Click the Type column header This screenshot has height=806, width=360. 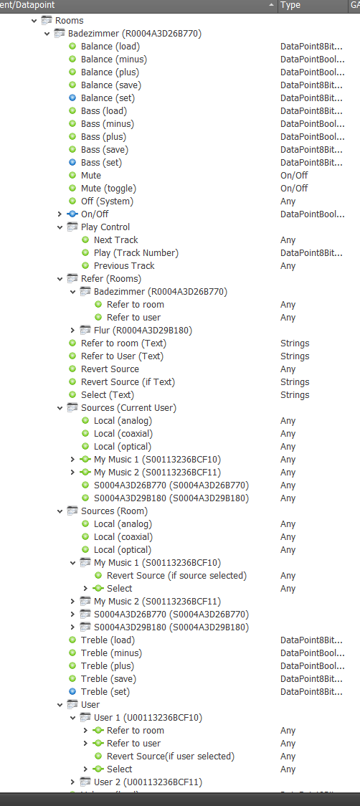pyautogui.click(x=290, y=5)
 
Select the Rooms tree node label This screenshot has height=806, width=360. pyautogui.click(x=69, y=21)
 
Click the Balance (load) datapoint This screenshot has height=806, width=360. pyautogui.click(x=110, y=47)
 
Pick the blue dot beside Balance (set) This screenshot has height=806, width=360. pyautogui.click(x=72, y=98)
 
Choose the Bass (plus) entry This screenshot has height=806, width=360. pyautogui.click(x=103, y=137)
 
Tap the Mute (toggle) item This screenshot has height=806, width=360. pyautogui.click(x=108, y=188)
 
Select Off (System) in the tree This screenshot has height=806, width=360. pyautogui.click(x=107, y=201)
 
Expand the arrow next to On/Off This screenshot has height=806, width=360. pyautogui.click(x=60, y=214)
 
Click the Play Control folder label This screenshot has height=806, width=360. pyautogui.click(x=105, y=227)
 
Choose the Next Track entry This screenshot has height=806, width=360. pyautogui.click(x=115, y=240)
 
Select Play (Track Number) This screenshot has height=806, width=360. pyautogui.click(x=136, y=253)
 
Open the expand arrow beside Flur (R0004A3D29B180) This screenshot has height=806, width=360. pyautogui.click(x=73, y=330)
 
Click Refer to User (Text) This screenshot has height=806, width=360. pyautogui.click(x=122, y=356)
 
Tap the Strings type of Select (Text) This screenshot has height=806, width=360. pyautogui.click(x=295, y=395)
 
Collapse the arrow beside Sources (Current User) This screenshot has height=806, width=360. pyautogui.click(x=60, y=407)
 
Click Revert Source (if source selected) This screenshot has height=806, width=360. pyautogui.click(x=176, y=576)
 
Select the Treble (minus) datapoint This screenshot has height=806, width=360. pyautogui.click(x=111, y=653)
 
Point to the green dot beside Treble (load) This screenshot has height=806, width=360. pyautogui.click(x=72, y=640)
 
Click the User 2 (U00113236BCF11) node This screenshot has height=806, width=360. pyautogui.click(x=148, y=782)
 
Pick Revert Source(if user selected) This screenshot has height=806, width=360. pyautogui.click(x=170, y=756)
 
